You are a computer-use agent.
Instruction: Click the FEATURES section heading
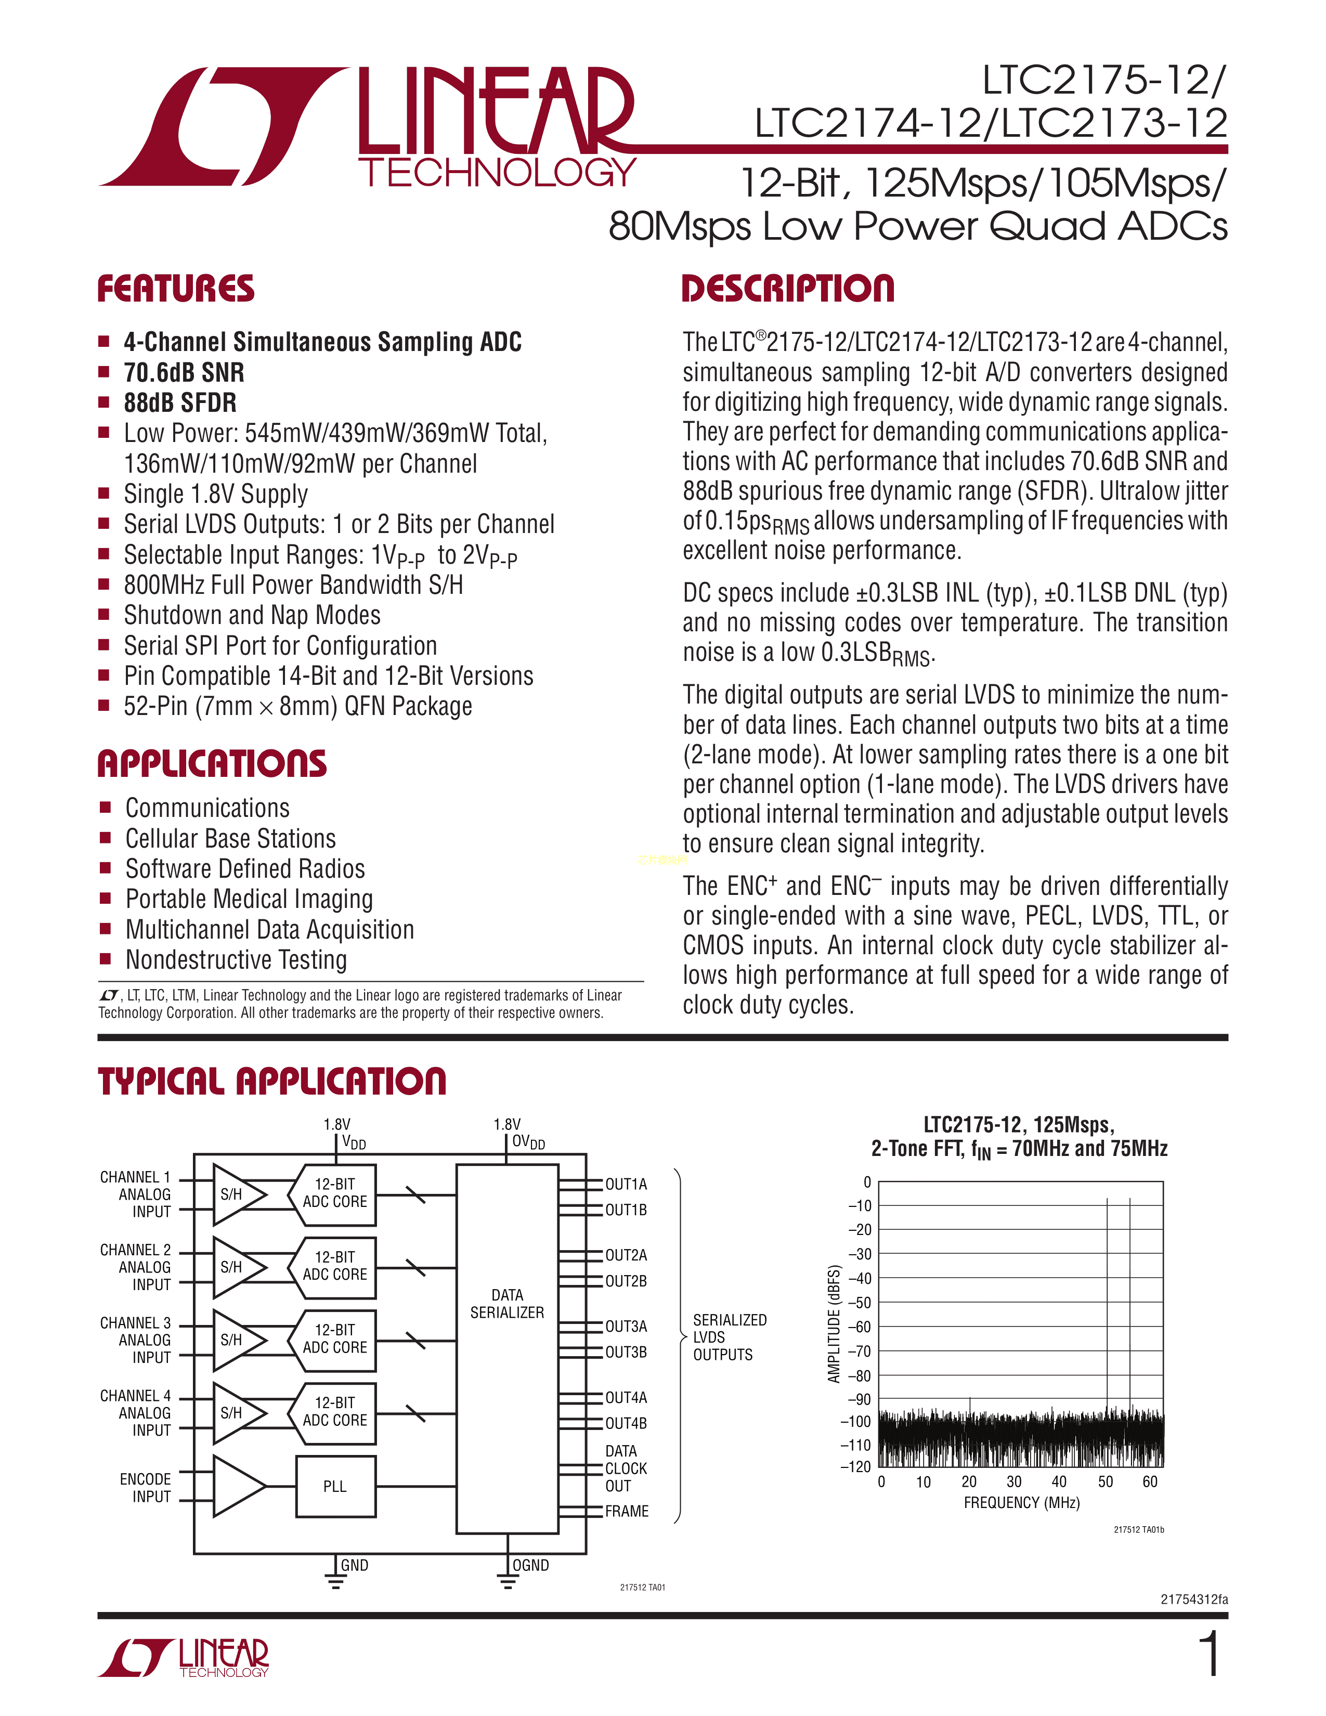coord(175,289)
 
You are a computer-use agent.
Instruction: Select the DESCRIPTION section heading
coord(787,289)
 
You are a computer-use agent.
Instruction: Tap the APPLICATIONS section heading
coord(212,764)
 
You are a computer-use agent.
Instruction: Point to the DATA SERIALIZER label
coord(506,1304)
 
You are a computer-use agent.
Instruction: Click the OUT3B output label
coord(626,1352)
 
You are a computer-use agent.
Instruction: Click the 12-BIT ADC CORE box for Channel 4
coord(335,1411)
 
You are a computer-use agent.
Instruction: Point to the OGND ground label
coord(530,1565)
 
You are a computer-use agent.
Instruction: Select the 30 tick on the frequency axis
coord(1014,1482)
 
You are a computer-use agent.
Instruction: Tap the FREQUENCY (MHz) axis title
coord(1021,1502)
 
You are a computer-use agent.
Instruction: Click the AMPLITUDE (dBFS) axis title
coord(834,1324)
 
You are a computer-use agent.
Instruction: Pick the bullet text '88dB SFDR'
coord(180,402)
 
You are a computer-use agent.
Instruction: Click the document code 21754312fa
coord(1194,1599)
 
